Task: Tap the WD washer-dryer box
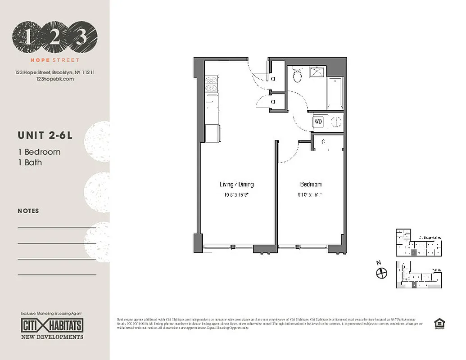(318, 121)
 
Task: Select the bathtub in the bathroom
(335, 93)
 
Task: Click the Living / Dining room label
(236, 184)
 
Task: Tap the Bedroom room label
(311, 184)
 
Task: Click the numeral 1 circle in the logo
(28, 37)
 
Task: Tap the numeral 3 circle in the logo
(81, 37)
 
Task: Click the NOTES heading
(28, 211)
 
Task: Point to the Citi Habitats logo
(52, 325)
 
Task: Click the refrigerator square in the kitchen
(213, 133)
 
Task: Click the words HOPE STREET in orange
(54, 60)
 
